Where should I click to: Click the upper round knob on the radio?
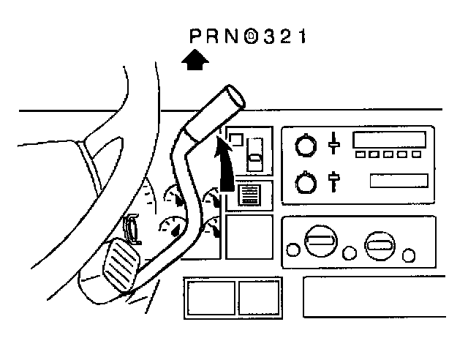[304, 146]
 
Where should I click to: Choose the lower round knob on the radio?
[305, 181]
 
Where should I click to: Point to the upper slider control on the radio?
[334, 143]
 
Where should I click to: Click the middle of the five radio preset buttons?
[387, 155]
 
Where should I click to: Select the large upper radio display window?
[386, 140]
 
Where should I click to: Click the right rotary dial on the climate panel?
[381, 245]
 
